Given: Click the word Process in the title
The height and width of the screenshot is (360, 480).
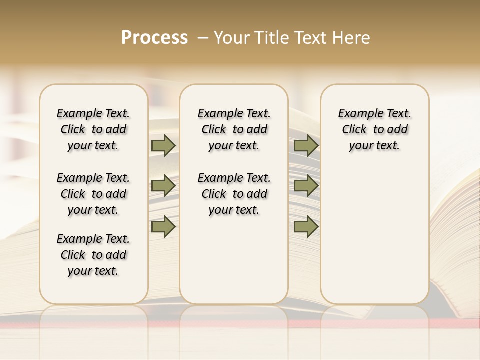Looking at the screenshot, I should click(x=154, y=38).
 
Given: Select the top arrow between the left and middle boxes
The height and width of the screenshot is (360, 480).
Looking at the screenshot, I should click(x=163, y=145).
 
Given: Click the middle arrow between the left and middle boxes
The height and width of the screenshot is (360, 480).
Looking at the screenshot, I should click(x=163, y=186).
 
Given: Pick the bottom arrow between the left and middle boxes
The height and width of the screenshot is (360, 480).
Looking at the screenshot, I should click(x=163, y=227).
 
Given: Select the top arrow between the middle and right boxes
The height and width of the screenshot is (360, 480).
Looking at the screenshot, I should click(x=306, y=145).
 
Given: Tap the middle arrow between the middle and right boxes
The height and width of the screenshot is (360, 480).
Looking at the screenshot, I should click(x=306, y=186).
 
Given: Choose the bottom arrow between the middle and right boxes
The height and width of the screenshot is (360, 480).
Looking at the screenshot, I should click(x=306, y=227).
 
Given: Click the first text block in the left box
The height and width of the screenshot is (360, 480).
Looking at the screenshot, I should click(x=93, y=129).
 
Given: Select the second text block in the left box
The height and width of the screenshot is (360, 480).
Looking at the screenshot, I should click(x=93, y=194).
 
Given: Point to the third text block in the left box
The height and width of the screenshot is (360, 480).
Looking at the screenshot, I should click(x=93, y=255).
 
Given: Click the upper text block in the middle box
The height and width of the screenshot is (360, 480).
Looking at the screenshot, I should click(x=234, y=129).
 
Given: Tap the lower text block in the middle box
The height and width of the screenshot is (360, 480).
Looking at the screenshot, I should click(x=234, y=194).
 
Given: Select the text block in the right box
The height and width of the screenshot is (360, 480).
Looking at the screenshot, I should click(x=374, y=129).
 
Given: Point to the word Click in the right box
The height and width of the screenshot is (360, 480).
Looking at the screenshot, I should click(x=354, y=130).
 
